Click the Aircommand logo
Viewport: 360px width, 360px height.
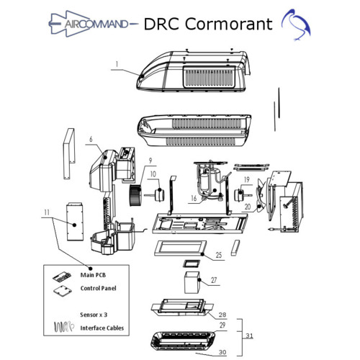[94, 24]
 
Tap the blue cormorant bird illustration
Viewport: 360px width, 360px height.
[297, 24]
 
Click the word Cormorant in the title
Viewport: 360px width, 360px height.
[228, 24]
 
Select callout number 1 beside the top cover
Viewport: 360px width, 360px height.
[117, 64]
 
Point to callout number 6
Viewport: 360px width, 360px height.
[91, 139]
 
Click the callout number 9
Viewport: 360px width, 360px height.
[150, 161]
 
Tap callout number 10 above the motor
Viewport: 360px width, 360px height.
[153, 174]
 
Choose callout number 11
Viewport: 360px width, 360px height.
[47, 212]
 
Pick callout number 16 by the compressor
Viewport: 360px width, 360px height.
[194, 198]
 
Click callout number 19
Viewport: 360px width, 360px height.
[247, 179]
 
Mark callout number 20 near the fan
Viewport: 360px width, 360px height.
[248, 207]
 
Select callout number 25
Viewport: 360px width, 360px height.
[219, 255]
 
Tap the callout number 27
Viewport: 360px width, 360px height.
[214, 280]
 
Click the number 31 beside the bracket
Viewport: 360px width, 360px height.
[249, 336]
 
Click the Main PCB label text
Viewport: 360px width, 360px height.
[93, 275]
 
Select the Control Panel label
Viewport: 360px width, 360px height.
[98, 288]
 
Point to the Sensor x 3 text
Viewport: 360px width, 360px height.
[94, 315]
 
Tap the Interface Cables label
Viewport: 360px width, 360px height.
[102, 328]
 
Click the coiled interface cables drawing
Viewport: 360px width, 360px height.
[63, 327]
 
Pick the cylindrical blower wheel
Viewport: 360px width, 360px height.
[135, 195]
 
